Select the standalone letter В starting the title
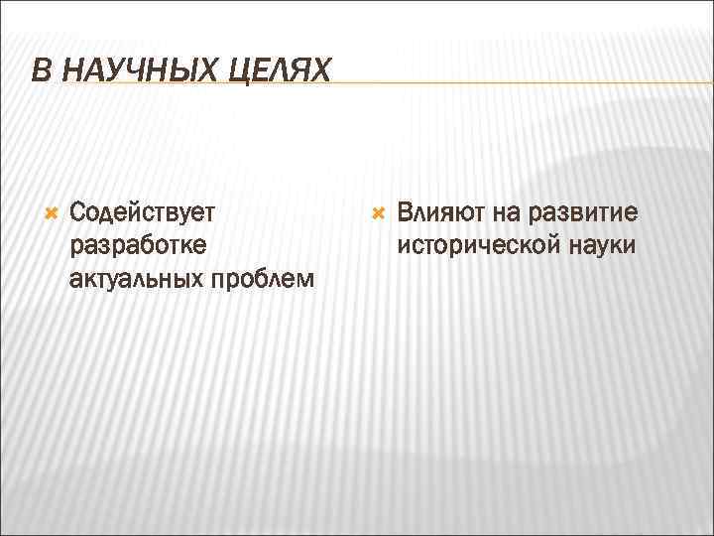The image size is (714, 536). click(38, 70)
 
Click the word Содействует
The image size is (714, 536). click(145, 213)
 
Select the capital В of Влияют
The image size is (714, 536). click(404, 213)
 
